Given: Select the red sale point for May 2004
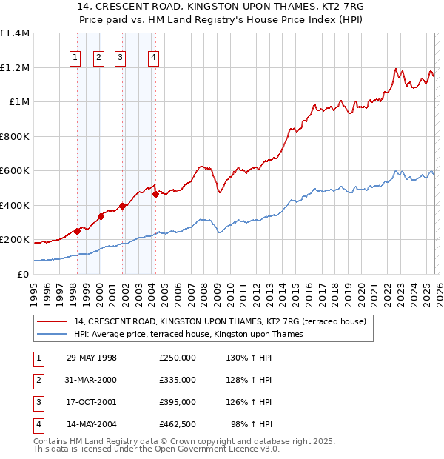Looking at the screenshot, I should coord(155,195).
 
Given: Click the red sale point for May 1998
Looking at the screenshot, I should coord(77,231).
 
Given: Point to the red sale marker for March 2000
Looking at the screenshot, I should coord(101,217).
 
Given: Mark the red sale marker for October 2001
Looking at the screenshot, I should coord(122,207).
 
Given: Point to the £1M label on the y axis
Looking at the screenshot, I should coord(19,102).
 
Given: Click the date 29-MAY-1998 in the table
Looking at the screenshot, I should coord(92,358).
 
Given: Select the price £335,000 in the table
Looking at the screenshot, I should coord(178,380).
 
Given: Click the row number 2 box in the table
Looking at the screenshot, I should coord(38,380).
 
